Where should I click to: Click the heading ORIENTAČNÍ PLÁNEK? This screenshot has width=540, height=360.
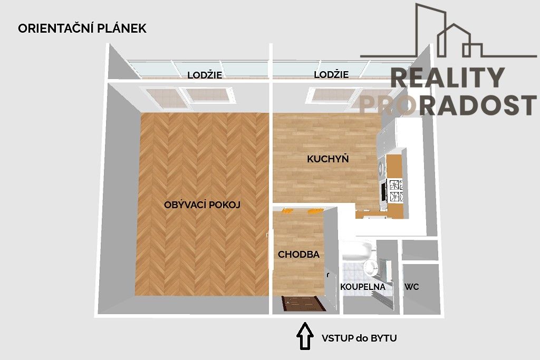[82, 28]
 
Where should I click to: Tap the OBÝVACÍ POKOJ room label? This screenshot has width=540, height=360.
[202, 205]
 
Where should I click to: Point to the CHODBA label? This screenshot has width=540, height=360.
[299, 254]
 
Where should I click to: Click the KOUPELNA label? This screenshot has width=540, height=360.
[363, 287]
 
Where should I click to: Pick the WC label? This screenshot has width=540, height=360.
[412, 287]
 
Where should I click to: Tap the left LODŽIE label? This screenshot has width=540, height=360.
[205, 75]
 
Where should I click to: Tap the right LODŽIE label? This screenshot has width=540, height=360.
[331, 75]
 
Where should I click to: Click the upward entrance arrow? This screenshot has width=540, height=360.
[304, 336]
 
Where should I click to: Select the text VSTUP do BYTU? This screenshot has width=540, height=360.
[359, 338]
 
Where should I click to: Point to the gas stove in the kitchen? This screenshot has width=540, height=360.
[396, 191]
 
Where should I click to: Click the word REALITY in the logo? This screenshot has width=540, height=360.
[448, 78]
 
